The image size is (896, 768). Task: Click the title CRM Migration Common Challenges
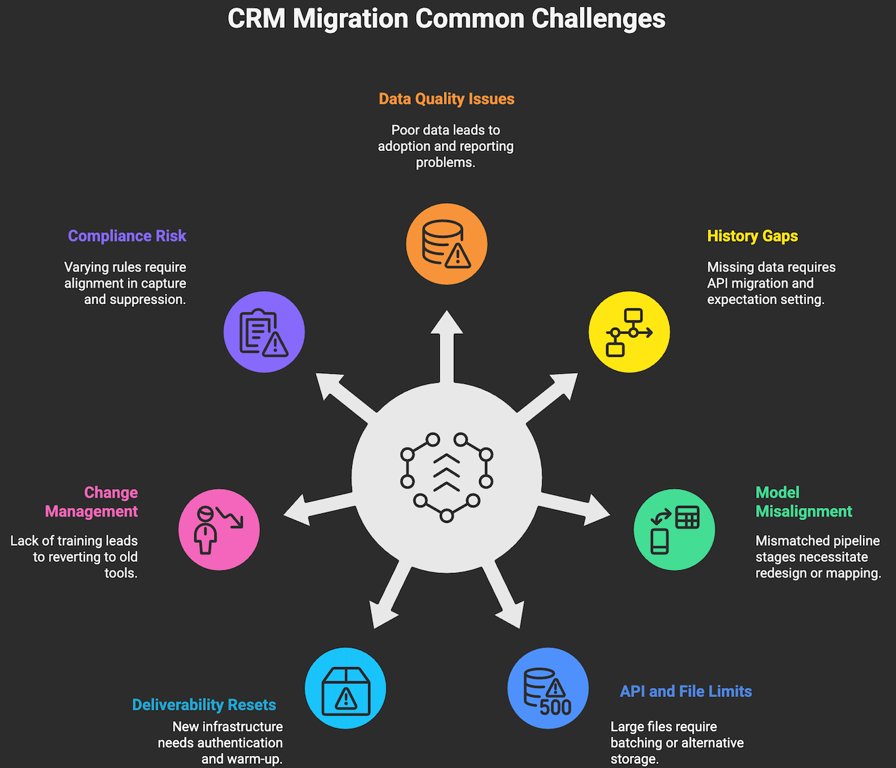pos(447,19)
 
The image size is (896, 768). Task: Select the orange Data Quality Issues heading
pos(447,99)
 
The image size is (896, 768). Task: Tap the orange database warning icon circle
pos(447,244)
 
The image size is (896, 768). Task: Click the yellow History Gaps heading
pos(753,236)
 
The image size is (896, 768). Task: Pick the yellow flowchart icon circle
pos(629,332)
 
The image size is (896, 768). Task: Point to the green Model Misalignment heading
pos(803,502)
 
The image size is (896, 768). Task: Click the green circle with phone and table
pos(674,530)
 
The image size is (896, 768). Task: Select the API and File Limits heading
pos(686,691)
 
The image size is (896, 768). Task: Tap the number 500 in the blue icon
pos(556,707)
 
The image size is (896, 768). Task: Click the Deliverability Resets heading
pos(204,705)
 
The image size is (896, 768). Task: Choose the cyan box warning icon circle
pos(345,688)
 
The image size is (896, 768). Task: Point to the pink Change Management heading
pos(91,502)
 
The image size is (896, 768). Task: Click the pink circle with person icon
pos(219,530)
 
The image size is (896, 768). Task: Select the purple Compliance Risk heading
pos(127,236)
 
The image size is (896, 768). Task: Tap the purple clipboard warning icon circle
pos(264,332)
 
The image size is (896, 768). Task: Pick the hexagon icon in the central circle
pos(447,477)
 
